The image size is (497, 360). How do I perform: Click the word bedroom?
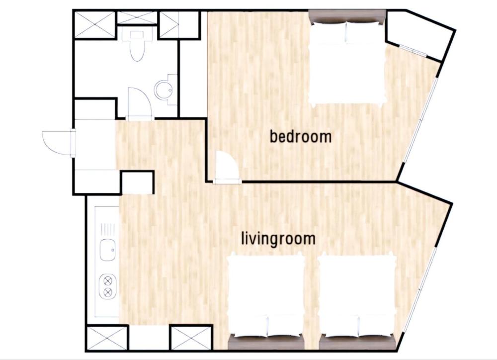(300, 136)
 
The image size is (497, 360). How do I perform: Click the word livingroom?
(278, 238)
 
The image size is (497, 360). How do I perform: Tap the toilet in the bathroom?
(136, 45)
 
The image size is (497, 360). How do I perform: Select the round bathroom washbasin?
(164, 90)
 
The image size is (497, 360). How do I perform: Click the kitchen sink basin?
(107, 249)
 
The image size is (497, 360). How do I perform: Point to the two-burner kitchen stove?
(107, 286)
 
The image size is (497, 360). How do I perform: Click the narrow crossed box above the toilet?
(137, 17)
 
